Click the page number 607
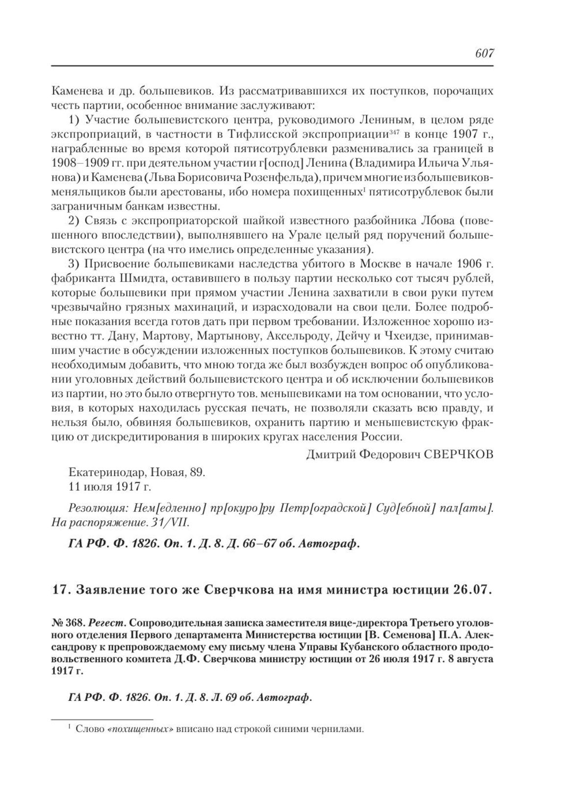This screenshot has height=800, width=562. [x=484, y=53]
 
